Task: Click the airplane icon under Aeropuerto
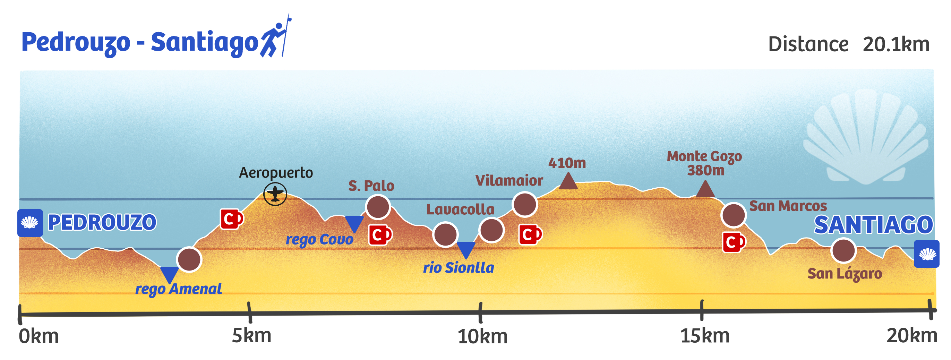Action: tap(275, 194)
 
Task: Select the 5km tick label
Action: tap(251, 336)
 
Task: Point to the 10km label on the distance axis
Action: tap(482, 337)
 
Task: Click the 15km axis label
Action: tap(705, 336)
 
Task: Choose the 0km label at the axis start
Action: tap(39, 336)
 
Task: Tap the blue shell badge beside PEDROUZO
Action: tap(30, 223)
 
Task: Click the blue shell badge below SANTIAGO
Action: tap(927, 254)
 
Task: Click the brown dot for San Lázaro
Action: tap(843, 251)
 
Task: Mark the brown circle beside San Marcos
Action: tap(734, 215)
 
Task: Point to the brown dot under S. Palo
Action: tap(378, 207)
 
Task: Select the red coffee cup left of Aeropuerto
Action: tap(231, 219)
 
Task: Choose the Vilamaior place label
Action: tap(509, 181)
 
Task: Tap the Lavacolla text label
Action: tap(460, 209)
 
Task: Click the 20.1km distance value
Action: tap(896, 45)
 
